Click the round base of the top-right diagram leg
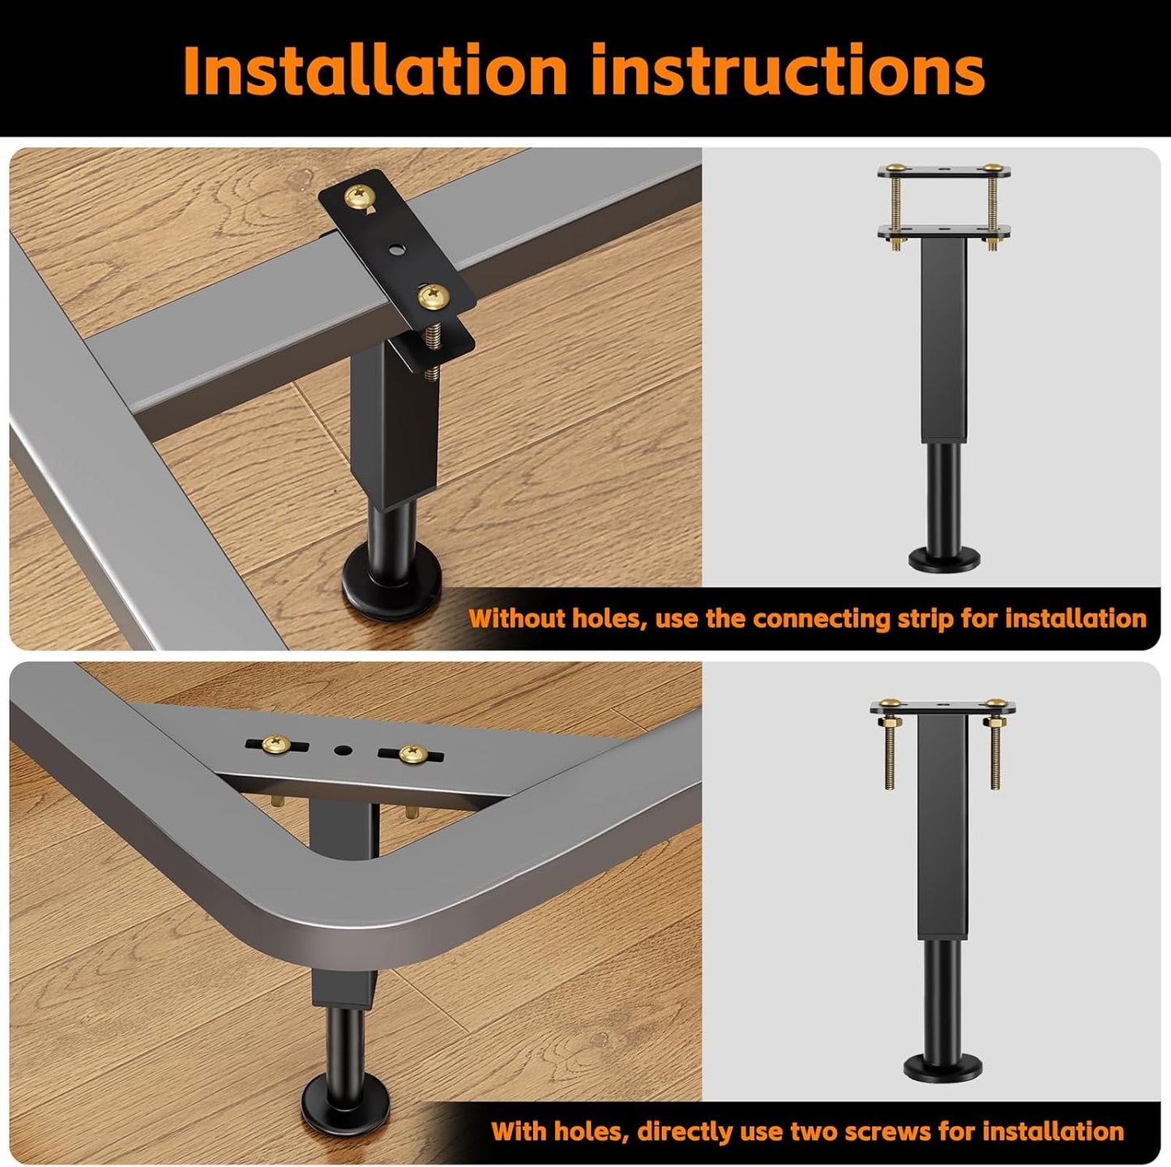point(945,560)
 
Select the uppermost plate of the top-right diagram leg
point(945,172)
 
